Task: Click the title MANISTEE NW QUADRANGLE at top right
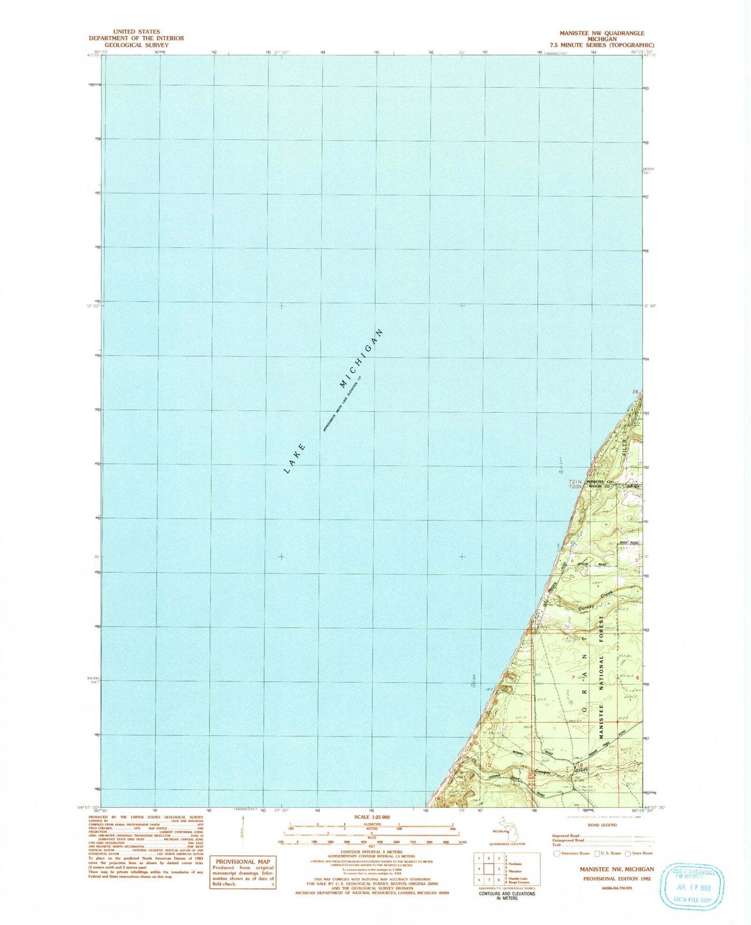point(601,33)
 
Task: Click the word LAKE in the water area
point(295,459)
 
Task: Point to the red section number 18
point(580,765)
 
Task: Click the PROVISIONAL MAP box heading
point(243,862)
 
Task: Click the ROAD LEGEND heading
point(602,825)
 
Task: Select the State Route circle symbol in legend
point(628,853)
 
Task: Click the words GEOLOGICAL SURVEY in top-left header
point(136,45)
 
